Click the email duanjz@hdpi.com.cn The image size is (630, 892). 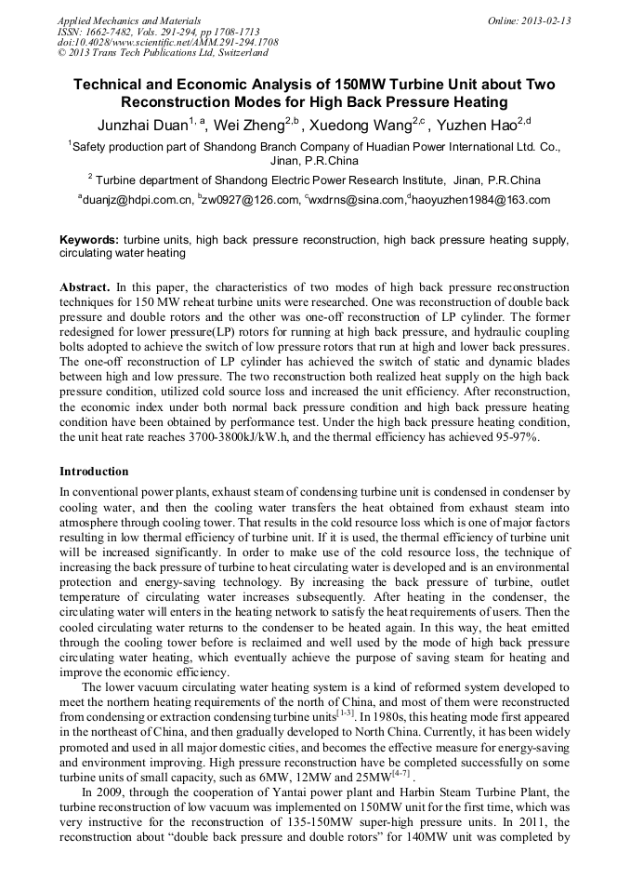pyautogui.click(x=139, y=200)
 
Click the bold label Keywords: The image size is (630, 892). pyautogui.click(x=89, y=240)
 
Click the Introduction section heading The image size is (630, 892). pyautogui.click(x=94, y=472)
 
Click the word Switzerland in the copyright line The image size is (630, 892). pyautogui.click(x=237, y=53)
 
